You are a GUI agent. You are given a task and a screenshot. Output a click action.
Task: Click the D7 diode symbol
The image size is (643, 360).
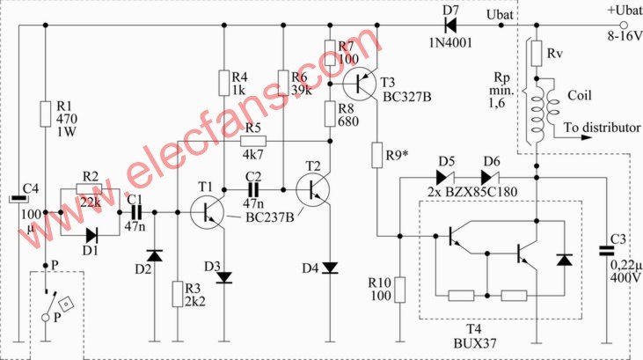pyautogui.click(x=450, y=26)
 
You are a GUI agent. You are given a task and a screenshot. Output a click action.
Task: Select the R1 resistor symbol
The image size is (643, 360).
pyautogui.click(x=46, y=114)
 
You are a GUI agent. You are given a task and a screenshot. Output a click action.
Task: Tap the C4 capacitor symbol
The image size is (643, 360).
pyautogui.click(x=18, y=199)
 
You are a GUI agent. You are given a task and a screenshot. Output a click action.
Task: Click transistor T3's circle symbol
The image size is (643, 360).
pyautogui.click(x=360, y=84)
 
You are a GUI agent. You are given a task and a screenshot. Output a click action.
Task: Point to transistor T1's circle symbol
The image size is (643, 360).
pyautogui.click(x=207, y=212)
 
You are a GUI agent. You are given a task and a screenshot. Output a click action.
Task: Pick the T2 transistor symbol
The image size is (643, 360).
pyautogui.click(x=312, y=189)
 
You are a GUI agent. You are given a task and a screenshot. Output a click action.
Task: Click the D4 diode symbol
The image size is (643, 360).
pyautogui.click(x=330, y=268)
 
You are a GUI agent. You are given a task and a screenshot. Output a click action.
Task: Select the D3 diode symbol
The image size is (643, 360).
pyautogui.click(x=224, y=277)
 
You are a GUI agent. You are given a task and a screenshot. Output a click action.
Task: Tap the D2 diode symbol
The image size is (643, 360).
pyautogui.click(x=155, y=256)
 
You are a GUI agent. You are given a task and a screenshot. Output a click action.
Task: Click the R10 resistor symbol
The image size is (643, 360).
pyautogui.click(x=400, y=290)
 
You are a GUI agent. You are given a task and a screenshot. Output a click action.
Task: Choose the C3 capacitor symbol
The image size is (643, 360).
pyautogui.click(x=607, y=251)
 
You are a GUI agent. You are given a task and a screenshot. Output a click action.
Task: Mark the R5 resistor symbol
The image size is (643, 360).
pyautogui.click(x=253, y=142)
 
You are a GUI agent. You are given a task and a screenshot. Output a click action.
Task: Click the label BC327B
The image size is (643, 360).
pyautogui.click(x=406, y=97)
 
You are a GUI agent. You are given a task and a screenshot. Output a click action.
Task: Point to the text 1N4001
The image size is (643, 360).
pyautogui.click(x=450, y=42)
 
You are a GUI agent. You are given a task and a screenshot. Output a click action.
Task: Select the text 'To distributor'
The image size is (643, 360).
pyautogui.click(x=602, y=128)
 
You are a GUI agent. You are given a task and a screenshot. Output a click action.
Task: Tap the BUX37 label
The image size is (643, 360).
pyautogui.click(x=475, y=343)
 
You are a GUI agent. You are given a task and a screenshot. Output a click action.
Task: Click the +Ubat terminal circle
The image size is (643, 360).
pyautogui.click(x=624, y=26)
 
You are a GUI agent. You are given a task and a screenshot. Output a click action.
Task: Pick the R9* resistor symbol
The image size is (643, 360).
pyautogui.click(x=377, y=155)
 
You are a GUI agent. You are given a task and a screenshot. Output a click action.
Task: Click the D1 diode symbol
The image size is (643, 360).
pyautogui.click(x=91, y=235)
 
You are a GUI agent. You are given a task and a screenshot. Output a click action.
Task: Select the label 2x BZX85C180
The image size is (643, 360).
pyautogui.click(x=472, y=192)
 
